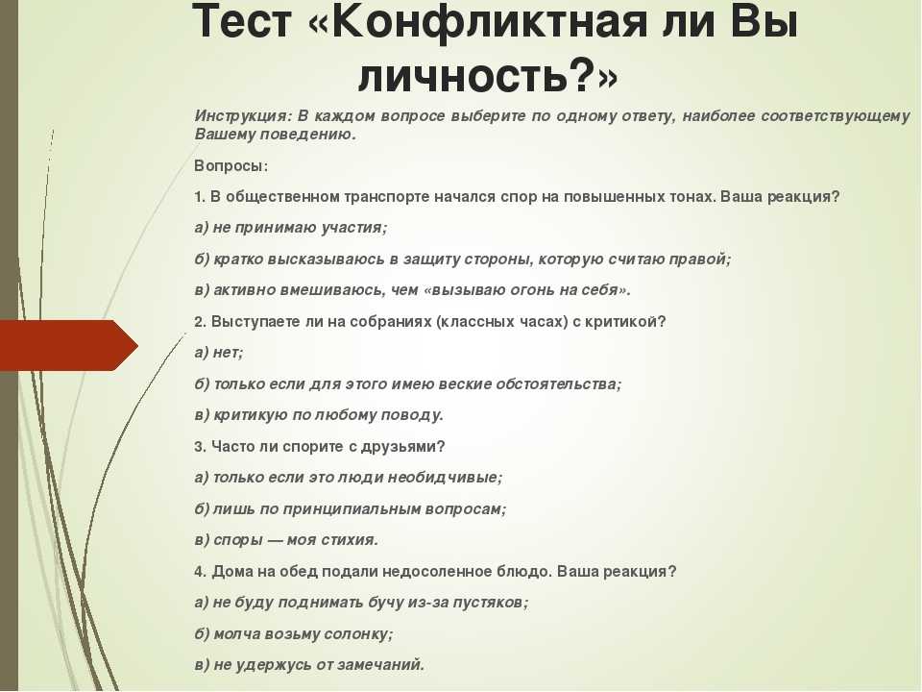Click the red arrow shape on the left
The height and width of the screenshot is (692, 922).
click(x=69, y=345)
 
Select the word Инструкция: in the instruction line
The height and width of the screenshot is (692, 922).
click(x=243, y=116)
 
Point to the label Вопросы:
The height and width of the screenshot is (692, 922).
click(x=231, y=166)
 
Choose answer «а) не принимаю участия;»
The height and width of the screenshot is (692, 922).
click(x=291, y=228)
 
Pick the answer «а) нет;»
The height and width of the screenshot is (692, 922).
click(x=219, y=353)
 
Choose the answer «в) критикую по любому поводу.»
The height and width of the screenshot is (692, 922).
click(x=319, y=415)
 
